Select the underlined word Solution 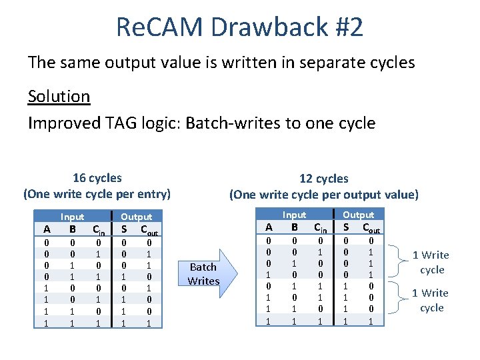pos(59,96)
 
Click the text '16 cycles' pos(97,178)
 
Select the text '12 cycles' pos(323,179)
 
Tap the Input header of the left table pos(73,217)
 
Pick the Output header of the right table pos(359,215)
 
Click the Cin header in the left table pos(98,230)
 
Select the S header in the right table pos(345,228)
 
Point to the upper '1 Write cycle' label pos(431,262)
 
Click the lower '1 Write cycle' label pos(431,300)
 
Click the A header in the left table pos(46,229)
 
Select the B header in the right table pos(293,227)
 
